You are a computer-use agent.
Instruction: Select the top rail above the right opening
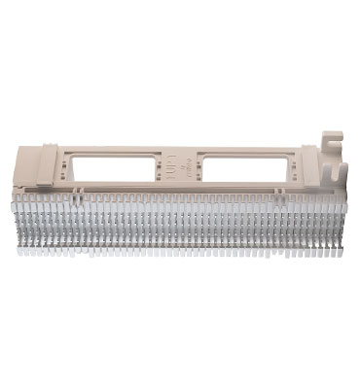point(242,147)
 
